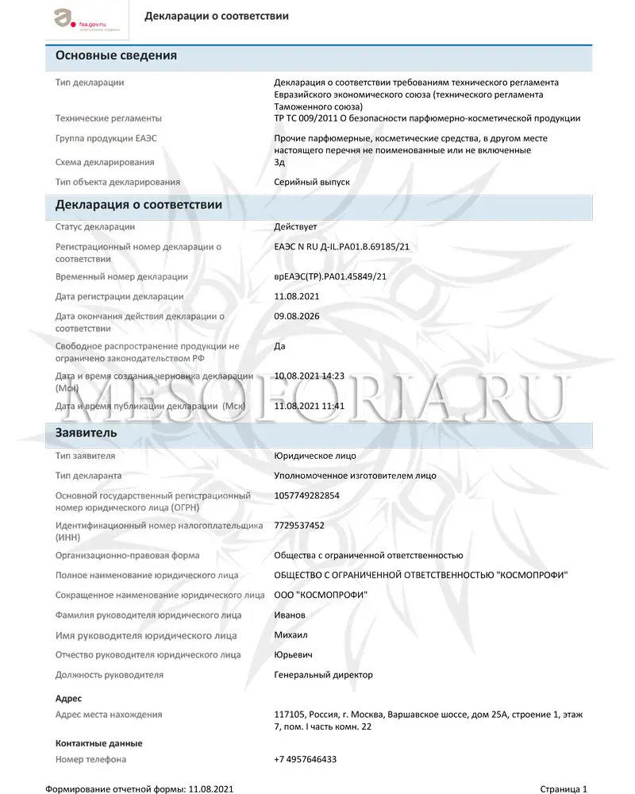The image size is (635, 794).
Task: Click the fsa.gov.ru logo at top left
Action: click(79, 19)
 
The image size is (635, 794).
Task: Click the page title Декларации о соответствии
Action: click(217, 16)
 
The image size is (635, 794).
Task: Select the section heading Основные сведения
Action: click(116, 56)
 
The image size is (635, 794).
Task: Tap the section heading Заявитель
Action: click(87, 434)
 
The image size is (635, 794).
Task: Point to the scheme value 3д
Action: click(279, 162)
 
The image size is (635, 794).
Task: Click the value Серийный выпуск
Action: click(311, 182)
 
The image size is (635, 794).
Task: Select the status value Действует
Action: click(295, 227)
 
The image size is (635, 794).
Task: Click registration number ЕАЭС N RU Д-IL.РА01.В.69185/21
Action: click(341, 247)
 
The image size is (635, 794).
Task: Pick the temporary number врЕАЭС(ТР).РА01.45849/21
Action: click(329, 276)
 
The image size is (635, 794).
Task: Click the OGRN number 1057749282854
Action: click(306, 495)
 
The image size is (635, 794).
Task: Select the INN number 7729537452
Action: click(299, 525)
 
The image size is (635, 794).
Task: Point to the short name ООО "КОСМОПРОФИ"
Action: click(321, 595)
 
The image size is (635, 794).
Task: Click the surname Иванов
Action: click(290, 615)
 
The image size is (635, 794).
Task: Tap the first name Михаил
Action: click(291, 635)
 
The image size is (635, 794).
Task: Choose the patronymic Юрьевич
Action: click(292, 655)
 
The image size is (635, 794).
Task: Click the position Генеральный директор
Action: click(323, 675)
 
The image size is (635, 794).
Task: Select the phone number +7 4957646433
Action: click(305, 759)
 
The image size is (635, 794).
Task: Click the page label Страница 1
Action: click(564, 788)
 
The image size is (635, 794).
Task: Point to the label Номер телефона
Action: click(90, 759)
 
